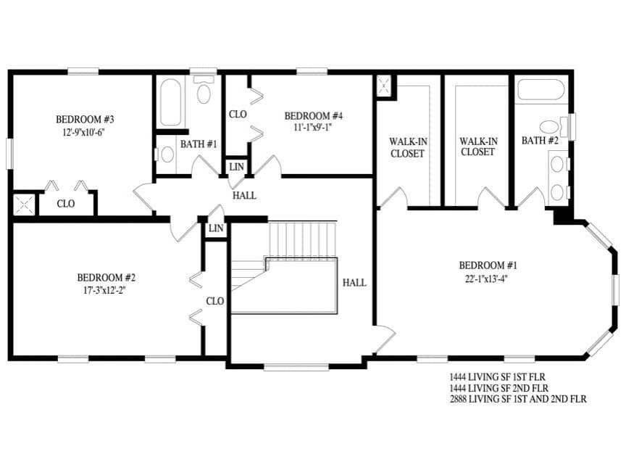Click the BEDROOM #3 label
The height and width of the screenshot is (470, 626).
click(85, 119)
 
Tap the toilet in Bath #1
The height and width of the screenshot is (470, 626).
click(204, 92)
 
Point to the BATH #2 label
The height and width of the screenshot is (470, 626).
click(540, 140)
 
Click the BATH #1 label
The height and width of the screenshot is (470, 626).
click(199, 144)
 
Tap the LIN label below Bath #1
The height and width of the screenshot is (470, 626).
click(236, 167)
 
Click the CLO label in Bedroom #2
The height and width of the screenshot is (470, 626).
click(214, 301)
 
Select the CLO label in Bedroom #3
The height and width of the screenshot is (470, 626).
click(66, 204)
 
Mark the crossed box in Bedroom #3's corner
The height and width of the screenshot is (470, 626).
click(23, 204)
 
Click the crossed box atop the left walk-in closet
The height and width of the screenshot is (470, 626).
click(383, 86)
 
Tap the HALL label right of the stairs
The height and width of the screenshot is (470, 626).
click(354, 283)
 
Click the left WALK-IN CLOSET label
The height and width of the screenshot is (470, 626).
click(407, 147)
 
